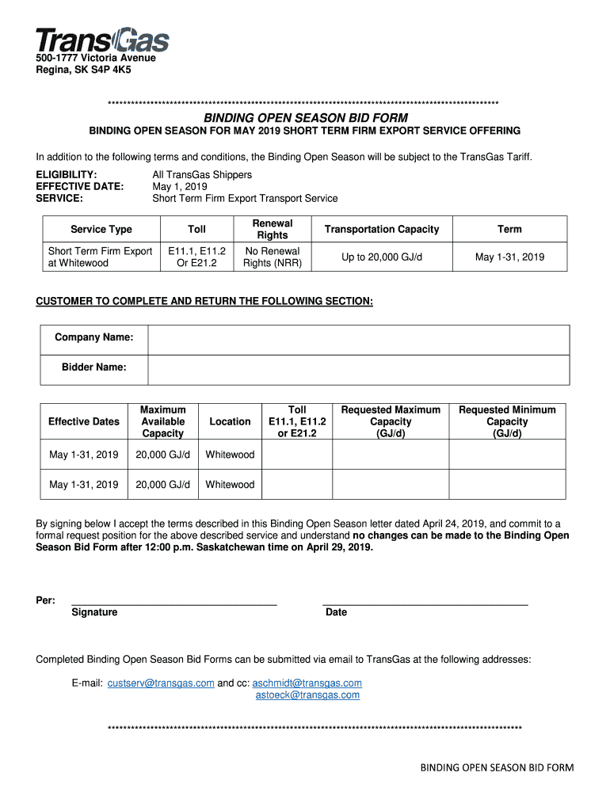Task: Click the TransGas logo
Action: coord(101,40)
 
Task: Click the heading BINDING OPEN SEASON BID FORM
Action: coord(306,117)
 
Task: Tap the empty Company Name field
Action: coord(358,339)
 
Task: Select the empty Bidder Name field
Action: coord(358,368)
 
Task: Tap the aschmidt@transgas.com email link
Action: coord(307,683)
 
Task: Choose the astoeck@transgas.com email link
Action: coord(307,695)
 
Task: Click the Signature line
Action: coord(173,603)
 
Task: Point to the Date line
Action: coord(425,603)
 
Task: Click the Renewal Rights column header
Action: coord(273,229)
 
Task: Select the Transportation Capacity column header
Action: coord(382,229)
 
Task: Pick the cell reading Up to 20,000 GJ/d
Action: coord(382,257)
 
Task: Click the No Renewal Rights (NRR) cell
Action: coord(273,257)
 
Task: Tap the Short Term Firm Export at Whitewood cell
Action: coord(101,257)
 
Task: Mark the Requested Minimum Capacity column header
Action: coord(507,421)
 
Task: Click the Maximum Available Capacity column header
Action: coord(162,421)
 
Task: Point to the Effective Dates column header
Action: coord(84,421)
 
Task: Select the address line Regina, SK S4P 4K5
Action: coord(83,70)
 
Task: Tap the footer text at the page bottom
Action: coord(497,767)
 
